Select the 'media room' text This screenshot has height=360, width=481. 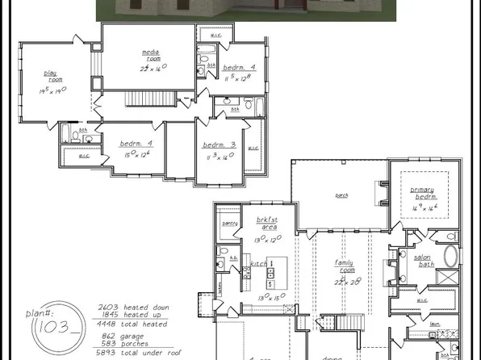152,56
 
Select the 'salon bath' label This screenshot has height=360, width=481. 423,261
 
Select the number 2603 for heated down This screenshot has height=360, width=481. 109,308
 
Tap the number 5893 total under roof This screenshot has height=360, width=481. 109,344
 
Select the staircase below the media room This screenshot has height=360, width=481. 142,98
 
